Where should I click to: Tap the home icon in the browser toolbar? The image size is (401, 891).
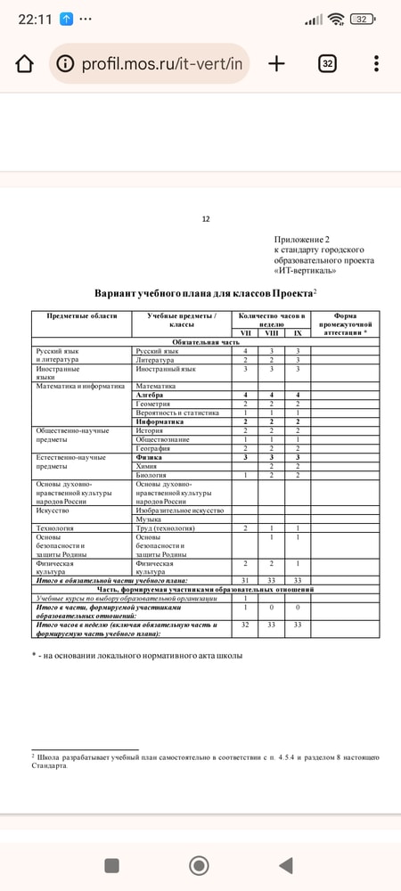(x=25, y=63)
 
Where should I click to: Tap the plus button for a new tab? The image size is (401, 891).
(x=276, y=63)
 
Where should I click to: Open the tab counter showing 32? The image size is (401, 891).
(x=327, y=63)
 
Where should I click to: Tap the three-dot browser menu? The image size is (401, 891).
(x=377, y=63)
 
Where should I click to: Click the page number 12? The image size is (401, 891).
(x=206, y=218)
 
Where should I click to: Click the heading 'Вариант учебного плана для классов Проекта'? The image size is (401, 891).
(x=204, y=293)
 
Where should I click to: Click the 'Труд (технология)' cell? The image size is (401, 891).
(x=170, y=528)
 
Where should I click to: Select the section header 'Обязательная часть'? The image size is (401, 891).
(x=206, y=342)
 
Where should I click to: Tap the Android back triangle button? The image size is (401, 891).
(x=285, y=864)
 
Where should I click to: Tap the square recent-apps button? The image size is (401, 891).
(x=112, y=864)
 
